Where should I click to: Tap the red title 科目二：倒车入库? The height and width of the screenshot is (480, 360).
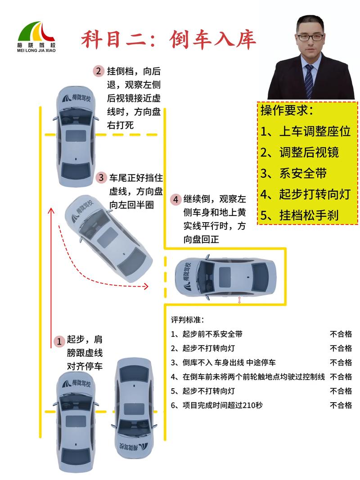pyautogui.click(x=168, y=40)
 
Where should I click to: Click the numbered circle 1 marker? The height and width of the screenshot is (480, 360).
pyautogui.click(x=58, y=341)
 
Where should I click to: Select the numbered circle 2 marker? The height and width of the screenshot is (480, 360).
pyautogui.click(x=99, y=71)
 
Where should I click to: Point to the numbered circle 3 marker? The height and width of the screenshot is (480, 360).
pyautogui.click(x=101, y=178)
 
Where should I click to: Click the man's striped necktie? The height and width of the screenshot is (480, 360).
pyautogui.click(x=309, y=81)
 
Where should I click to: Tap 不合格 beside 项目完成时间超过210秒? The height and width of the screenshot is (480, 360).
pyautogui.click(x=341, y=405)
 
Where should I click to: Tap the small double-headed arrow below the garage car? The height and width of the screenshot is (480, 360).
pyautogui.click(x=239, y=300)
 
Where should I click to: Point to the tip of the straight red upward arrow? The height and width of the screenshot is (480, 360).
pyautogui.click(x=51, y=210)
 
